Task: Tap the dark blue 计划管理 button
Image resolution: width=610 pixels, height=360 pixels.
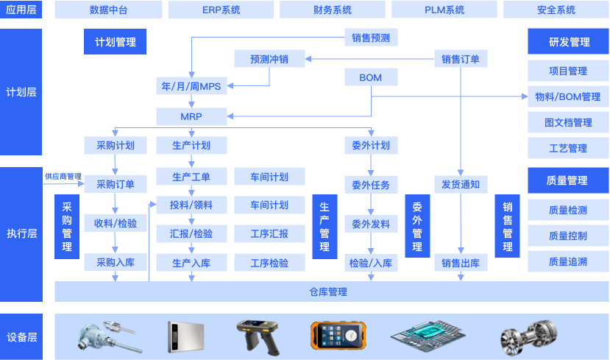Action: [116, 42]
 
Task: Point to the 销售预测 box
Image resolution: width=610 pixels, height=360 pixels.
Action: [371, 38]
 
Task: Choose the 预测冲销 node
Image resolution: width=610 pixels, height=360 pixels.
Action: [269, 59]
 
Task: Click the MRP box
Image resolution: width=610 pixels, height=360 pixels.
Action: [191, 116]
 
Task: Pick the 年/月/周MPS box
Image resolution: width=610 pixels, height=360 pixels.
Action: [191, 86]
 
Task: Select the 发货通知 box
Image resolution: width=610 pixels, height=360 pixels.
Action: [461, 184]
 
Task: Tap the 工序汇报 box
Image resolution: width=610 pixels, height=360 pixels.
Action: [269, 234]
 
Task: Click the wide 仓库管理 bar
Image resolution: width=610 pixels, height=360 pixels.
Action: [327, 292]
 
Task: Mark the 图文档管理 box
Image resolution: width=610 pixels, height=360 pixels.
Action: [568, 122]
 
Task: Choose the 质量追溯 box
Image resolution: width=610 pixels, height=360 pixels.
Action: [568, 261]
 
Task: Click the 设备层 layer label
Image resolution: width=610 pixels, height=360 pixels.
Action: [21, 337]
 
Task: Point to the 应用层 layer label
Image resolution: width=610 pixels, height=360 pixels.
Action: [21, 10]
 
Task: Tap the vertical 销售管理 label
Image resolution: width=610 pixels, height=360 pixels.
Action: [508, 227]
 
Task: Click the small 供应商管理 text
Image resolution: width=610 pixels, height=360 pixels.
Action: [63, 177]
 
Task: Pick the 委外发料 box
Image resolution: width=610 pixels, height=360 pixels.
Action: [371, 224]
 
